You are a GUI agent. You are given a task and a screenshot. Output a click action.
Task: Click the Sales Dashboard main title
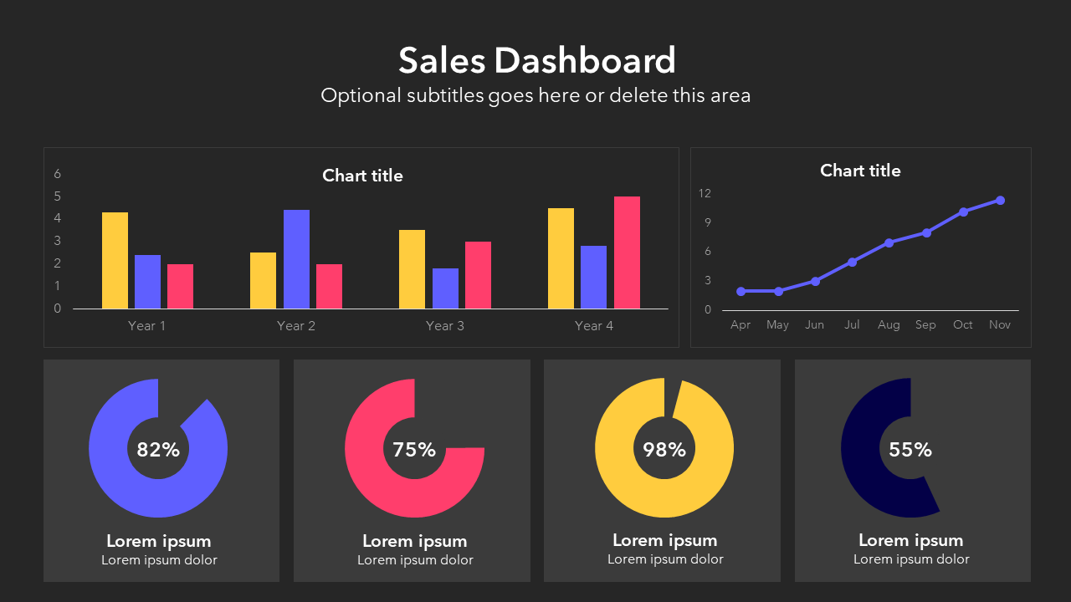tap(536, 60)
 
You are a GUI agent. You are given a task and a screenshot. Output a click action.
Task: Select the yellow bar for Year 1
tap(115, 260)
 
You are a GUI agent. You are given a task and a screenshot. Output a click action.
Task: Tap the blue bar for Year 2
tap(296, 259)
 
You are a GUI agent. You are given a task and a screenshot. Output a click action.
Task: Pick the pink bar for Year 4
tap(627, 253)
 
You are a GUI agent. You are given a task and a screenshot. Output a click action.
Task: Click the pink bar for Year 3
tap(478, 275)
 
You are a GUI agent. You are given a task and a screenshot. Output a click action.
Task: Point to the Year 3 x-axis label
tap(444, 326)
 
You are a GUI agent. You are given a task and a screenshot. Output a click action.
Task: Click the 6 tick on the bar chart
tap(58, 174)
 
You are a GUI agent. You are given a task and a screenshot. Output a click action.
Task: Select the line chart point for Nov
tap(1000, 201)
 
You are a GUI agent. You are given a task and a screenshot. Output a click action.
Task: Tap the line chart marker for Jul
tap(852, 262)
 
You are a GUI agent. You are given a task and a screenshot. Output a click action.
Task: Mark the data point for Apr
tap(740, 291)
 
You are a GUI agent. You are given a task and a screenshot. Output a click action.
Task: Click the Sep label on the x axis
tap(925, 324)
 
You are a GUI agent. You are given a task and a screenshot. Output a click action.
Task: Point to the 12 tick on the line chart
tap(705, 193)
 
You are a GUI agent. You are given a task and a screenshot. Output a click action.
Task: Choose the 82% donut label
tap(158, 450)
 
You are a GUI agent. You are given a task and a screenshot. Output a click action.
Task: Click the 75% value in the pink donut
tap(414, 450)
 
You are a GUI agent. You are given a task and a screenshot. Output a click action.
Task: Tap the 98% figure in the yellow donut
tap(664, 450)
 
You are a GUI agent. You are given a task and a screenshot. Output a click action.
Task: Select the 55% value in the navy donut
tap(910, 450)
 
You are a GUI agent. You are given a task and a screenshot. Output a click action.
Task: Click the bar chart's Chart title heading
tap(362, 176)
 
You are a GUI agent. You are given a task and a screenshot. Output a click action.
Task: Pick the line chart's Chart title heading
tap(860, 171)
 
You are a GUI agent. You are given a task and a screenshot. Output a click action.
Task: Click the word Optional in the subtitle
tap(361, 95)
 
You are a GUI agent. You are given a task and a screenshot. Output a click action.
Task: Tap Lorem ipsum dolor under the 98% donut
tap(665, 559)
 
